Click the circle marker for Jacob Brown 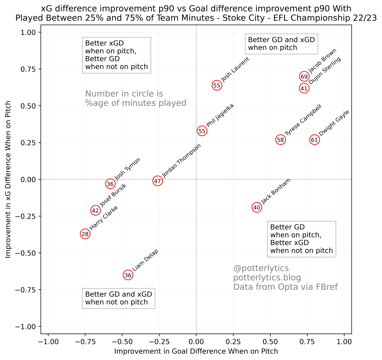(304, 77)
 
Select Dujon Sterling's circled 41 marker (304, 89)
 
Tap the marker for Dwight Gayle (314, 140)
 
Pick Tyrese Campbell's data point (280, 140)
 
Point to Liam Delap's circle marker (128, 275)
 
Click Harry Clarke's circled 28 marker (85, 234)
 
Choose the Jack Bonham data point (257, 208)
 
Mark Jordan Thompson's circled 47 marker (158, 181)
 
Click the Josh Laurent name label (235, 69)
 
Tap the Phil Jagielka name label (220, 115)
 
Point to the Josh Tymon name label (127, 169)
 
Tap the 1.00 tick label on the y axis (28, 33)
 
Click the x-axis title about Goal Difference (196, 351)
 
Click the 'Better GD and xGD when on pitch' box (281, 44)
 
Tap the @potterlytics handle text (261, 269)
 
